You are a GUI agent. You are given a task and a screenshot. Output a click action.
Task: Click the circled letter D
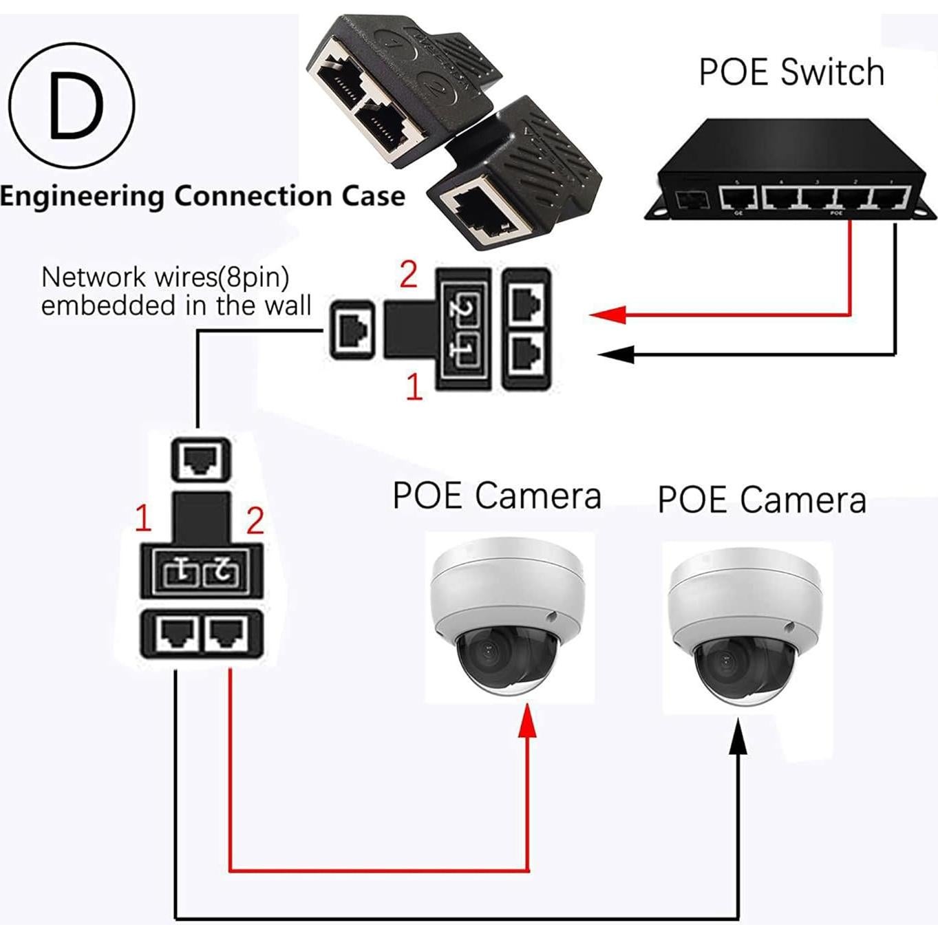click(72, 105)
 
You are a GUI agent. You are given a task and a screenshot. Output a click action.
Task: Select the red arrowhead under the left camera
click(528, 721)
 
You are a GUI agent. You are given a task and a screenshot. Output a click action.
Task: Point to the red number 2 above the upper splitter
click(408, 275)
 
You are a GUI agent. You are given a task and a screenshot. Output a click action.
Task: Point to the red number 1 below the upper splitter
click(414, 387)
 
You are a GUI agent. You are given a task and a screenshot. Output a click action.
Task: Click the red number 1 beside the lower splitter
click(143, 518)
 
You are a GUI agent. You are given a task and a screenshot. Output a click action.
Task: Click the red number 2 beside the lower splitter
click(255, 521)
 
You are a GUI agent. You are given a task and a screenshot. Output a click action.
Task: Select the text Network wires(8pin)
click(165, 277)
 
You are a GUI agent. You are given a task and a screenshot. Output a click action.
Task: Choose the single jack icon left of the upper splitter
click(353, 331)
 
